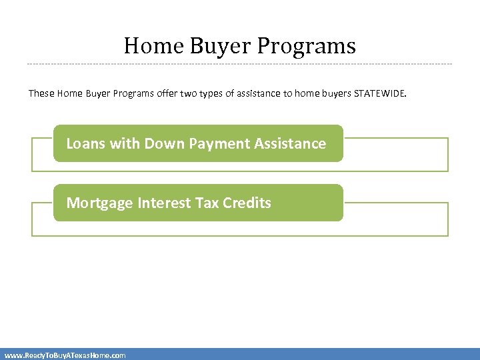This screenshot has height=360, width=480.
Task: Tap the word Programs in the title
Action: [307, 46]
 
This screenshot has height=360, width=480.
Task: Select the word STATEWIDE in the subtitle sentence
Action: [379, 93]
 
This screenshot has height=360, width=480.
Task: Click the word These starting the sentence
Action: [41, 93]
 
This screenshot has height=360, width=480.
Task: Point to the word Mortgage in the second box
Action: [100, 203]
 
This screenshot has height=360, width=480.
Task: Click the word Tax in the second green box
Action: [207, 203]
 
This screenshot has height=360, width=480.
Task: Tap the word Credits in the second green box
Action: [247, 203]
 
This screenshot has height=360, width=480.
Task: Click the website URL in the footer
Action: [65, 355]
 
